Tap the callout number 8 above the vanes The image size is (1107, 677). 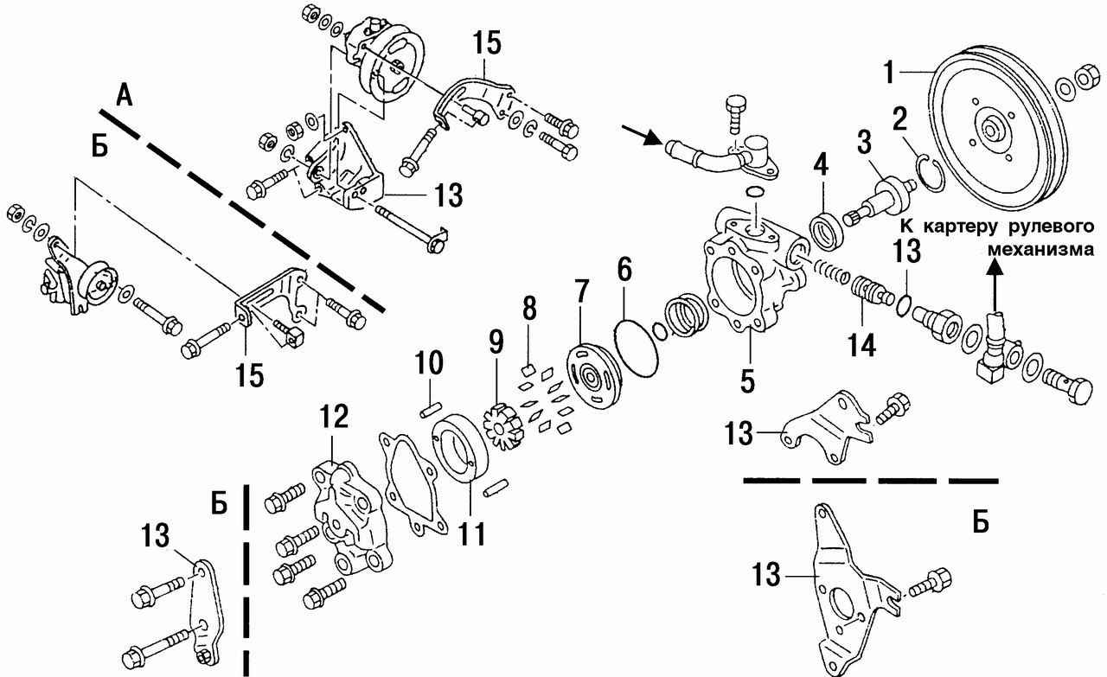[528, 310]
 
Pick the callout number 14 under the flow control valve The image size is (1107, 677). [861, 344]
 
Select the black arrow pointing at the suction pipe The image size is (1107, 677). [642, 134]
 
